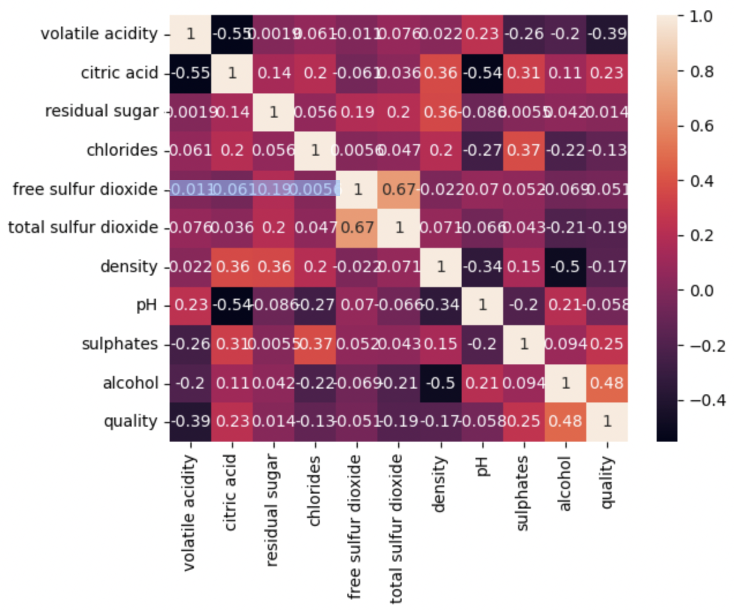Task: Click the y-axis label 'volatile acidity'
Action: coord(99,34)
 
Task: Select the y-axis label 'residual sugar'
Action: coord(102,111)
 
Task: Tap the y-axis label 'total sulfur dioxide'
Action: coord(83,227)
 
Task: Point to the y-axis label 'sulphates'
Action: coord(119,344)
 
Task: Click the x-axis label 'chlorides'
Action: coord(314,491)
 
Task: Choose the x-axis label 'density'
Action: coord(440,484)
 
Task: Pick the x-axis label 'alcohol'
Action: coord(565,483)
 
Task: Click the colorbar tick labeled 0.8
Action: coord(702,71)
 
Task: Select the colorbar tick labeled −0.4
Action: coord(707,400)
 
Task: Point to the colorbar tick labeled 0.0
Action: coord(702,291)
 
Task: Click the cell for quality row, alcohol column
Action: coord(566,421)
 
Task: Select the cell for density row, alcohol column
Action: coord(566,266)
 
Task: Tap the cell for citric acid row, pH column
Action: coord(482,73)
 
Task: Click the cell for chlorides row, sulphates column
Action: coord(524,150)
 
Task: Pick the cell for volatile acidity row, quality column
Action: coord(607,34)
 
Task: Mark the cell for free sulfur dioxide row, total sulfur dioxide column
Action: coord(399,189)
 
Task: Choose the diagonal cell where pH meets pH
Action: coord(482,305)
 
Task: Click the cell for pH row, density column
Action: coord(441,305)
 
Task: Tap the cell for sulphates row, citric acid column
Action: coord(232,344)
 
